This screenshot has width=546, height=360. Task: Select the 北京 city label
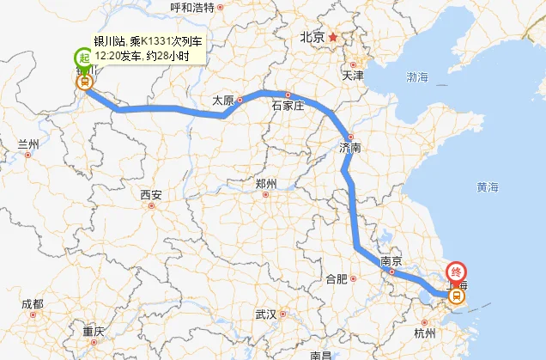point(311,38)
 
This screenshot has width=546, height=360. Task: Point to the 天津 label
point(352,76)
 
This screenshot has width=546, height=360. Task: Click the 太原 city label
point(223,101)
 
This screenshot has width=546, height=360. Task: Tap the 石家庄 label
point(288,107)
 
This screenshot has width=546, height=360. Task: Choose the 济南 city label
point(350,148)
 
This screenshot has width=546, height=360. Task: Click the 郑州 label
point(266,184)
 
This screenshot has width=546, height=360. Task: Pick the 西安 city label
point(151,195)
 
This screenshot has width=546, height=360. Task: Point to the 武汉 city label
point(265,314)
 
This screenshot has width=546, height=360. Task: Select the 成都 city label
point(33,304)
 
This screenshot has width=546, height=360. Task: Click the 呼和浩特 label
point(192,8)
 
